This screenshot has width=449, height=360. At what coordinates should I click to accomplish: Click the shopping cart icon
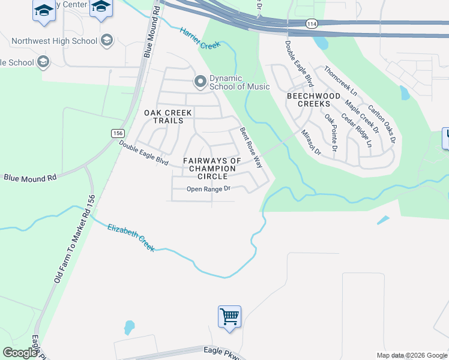click(x=230, y=316)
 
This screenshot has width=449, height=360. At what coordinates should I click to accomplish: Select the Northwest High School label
click(x=54, y=41)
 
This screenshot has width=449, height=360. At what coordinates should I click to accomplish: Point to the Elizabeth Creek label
click(x=131, y=237)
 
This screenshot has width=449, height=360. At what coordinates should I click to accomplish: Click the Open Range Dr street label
click(x=209, y=189)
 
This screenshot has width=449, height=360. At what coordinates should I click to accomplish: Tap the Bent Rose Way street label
click(x=251, y=148)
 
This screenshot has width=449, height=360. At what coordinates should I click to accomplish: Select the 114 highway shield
click(x=311, y=23)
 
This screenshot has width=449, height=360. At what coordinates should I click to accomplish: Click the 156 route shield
click(x=117, y=133)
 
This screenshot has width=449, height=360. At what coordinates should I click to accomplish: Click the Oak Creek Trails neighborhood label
click(x=168, y=116)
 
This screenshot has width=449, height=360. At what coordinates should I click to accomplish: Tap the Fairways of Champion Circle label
click(x=212, y=169)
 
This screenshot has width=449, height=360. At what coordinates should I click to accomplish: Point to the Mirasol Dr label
click(x=312, y=142)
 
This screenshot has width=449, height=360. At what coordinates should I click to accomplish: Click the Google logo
click(x=20, y=353)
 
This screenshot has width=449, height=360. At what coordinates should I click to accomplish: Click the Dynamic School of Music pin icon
click(x=200, y=80)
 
